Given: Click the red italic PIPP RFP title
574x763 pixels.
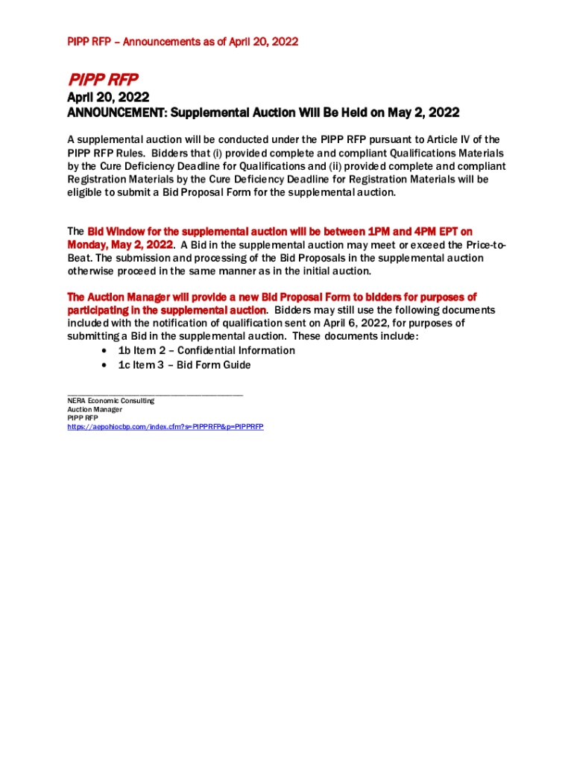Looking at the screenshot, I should click(x=103, y=79).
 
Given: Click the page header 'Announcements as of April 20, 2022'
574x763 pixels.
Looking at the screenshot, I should click(x=211, y=42).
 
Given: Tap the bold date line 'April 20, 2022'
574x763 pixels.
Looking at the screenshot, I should click(x=108, y=98).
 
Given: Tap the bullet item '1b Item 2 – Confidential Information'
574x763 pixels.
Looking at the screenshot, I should click(x=206, y=350).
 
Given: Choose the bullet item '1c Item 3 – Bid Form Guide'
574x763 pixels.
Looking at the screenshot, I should click(x=183, y=365).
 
